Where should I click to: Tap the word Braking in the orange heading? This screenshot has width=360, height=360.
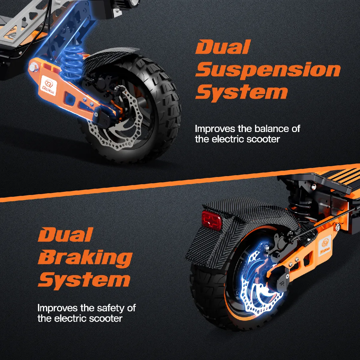pos(85,258)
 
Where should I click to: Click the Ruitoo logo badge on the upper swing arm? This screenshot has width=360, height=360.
pos(48,85)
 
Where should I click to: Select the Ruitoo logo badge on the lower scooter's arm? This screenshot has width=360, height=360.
pos(325,246)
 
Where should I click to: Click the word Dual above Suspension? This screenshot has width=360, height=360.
pos(223,47)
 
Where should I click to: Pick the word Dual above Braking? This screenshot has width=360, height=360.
pos(65,235)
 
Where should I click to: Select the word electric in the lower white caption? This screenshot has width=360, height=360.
pos(70,319)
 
